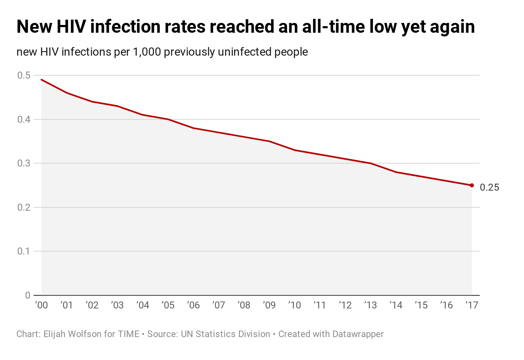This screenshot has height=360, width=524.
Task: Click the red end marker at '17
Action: click(x=472, y=185)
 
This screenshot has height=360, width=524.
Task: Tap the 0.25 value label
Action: click(x=489, y=187)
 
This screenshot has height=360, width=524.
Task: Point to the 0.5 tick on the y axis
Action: click(x=24, y=75)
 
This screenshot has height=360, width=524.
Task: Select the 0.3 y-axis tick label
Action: click(x=24, y=163)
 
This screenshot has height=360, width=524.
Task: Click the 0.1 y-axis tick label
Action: click(x=24, y=251)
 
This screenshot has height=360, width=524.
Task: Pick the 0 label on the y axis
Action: click(x=27, y=295)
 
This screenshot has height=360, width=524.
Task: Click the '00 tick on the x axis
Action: click(x=41, y=305)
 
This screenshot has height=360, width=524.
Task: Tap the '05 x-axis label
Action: click(x=168, y=305)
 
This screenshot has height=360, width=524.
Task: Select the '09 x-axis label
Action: click(x=269, y=305)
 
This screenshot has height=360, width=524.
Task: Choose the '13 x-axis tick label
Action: click(x=370, y=305)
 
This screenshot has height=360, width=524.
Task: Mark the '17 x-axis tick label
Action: click(x=472, y=305)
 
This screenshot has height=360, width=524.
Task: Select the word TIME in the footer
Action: click(x=128, y=334)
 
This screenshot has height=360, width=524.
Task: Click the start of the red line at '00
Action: click(x=42, y=80)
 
